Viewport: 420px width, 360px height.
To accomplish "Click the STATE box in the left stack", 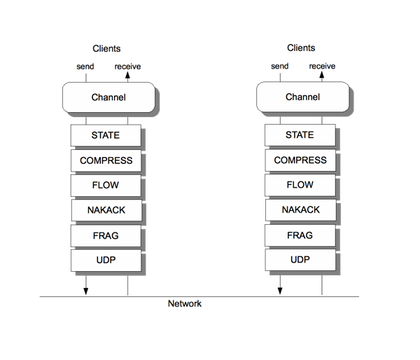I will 105,135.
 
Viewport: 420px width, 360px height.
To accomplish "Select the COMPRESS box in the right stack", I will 300,160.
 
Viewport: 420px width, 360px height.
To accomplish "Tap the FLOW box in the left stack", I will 105,186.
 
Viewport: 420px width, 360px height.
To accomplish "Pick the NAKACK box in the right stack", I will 300,210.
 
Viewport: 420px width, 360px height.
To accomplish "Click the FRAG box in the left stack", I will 105,235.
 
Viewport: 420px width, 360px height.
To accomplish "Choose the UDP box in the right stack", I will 300,260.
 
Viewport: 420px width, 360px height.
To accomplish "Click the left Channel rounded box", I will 108,97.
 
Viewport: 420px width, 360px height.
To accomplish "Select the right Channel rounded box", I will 302,97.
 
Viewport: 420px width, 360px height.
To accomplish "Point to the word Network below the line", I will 185,304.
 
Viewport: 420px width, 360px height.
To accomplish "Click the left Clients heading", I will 106,48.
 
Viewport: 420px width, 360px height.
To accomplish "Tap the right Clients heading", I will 301,48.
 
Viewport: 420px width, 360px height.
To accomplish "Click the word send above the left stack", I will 85,67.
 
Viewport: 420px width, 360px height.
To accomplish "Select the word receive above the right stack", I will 322,67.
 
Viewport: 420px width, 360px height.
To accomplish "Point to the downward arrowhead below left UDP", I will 85,291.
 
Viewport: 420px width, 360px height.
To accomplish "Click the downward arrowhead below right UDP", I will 280,291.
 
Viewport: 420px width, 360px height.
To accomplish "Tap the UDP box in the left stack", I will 105,260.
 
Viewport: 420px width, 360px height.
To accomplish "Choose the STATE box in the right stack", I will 300,135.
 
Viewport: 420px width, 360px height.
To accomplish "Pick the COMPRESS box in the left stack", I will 105,160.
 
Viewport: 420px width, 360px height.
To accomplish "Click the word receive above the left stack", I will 127,67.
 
